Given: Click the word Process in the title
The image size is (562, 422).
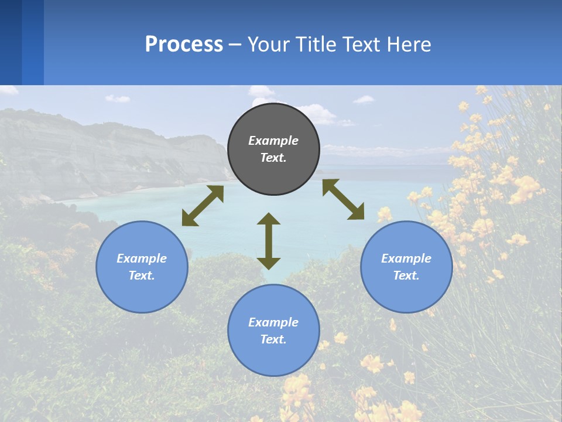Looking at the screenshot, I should pyautogui.click(x=184, y=45).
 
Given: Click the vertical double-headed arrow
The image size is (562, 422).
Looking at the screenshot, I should pyautogui.click(x=269, y=241).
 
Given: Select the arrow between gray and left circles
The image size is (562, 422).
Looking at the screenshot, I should pyautogui.click(x=203, y=206).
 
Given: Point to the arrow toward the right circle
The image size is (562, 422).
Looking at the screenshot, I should pyautogui.click(x=343, y=199).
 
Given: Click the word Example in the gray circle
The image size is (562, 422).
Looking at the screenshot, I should pyautogui.click(x=273, y=141).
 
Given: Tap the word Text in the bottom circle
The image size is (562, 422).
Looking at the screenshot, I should pyautogui.click(x=273, y=339).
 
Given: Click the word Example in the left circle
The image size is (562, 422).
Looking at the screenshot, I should pyautogui.click(x=142, y=258).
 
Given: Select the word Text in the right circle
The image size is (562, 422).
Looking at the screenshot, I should pyautogui.click(x=406, y=275).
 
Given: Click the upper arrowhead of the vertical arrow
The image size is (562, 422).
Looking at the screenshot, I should pyautogui.click(x=269, y=219).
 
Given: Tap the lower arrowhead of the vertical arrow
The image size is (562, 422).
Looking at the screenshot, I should pyautogui.click(x=269, y=263).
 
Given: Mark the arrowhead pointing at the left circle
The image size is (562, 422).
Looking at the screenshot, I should pyautogui.click(x=189, y=219).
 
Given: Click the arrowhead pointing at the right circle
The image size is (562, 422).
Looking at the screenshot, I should pyautogui.click(x=357, y=213).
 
